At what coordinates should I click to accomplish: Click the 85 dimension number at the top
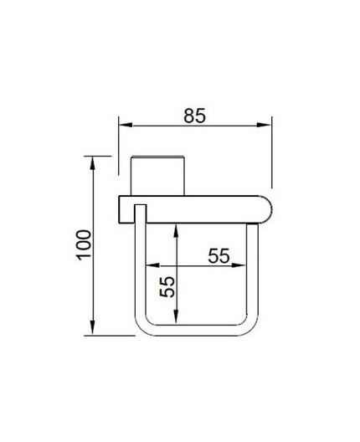click(194, 116)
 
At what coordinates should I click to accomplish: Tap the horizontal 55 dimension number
click(219, 256)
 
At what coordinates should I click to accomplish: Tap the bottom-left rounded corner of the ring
click(143, 328)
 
